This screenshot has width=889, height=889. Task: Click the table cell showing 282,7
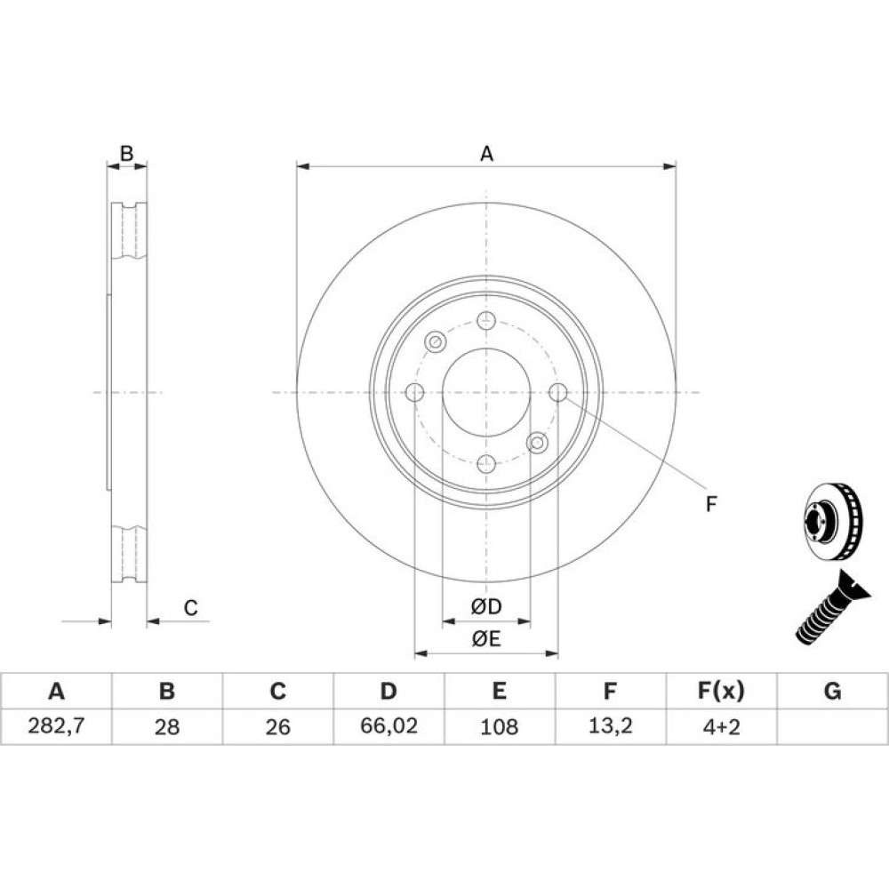[x=56, y=725]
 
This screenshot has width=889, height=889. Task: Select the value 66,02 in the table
[x=389, y=725]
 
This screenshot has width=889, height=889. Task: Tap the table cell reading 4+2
[x=721, y=726]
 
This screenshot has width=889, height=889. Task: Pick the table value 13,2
[x=610, y=725]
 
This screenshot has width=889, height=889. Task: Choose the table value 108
[x=499, y=726]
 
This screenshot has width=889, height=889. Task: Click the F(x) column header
[x=721, y=691]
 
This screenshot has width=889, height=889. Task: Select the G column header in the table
[x=832, y=691]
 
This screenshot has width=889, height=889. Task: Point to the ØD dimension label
[x=486, y=606]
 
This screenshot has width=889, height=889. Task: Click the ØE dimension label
[x=486, y=639]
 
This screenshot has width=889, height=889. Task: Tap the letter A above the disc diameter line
[x=486, y=154]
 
